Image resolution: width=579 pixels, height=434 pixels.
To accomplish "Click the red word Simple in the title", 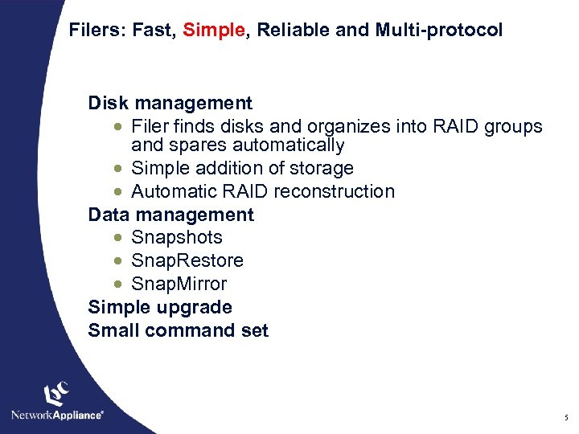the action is [213, 31].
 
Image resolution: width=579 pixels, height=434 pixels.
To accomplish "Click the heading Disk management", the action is [170, 103].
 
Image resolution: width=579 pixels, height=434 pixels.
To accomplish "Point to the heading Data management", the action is [171, 215].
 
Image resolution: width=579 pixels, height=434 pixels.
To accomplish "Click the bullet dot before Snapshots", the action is [119, 238].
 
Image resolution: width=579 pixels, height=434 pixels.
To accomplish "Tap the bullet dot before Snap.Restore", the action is [119, 261].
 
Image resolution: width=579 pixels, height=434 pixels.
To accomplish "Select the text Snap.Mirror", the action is [179, 284].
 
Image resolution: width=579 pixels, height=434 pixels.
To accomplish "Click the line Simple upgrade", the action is [160, 307].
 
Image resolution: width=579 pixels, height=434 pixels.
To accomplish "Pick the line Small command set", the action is [179, 330].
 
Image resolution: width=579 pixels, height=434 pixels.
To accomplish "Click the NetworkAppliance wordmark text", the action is [57, 415].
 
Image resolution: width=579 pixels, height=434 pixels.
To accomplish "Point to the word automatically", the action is [289, 145].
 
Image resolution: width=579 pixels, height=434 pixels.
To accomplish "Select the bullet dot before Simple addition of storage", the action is [119, 169].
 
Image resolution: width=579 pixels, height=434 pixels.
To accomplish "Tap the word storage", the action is [320, 168].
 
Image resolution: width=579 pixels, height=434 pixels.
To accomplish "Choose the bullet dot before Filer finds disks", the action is [119, 127].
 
